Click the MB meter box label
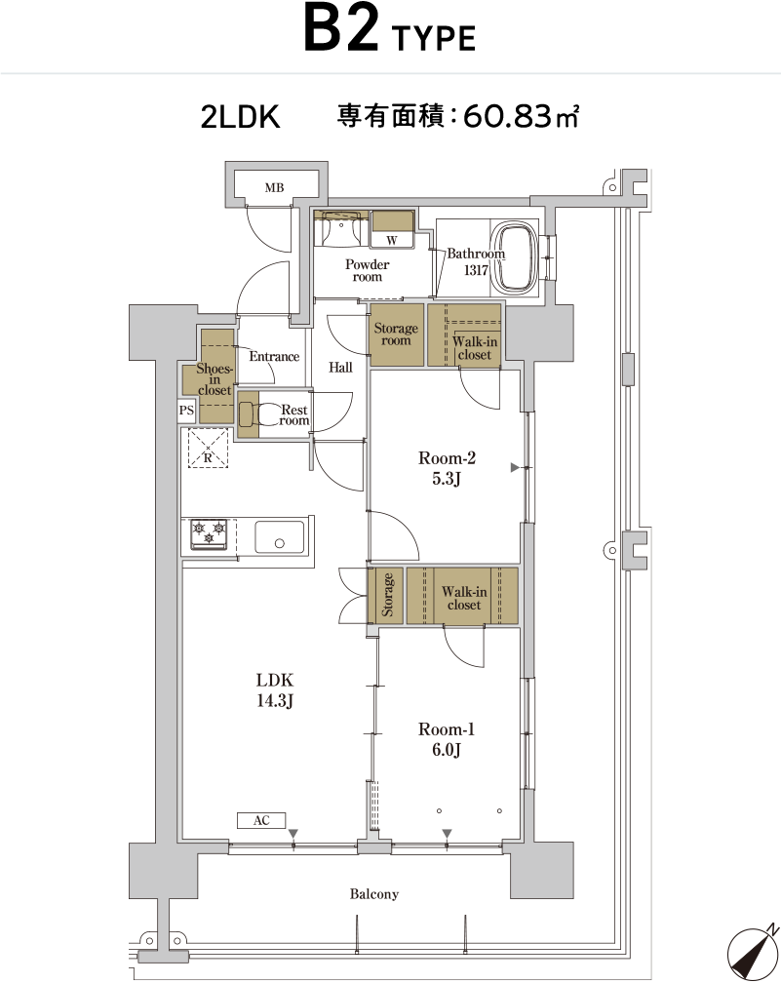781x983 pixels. coord(274,187)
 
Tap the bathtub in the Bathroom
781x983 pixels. coord(514,257)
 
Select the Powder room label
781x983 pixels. coord(367,270)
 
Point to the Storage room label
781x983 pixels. coord(396,334)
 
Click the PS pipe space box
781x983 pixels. coord(187,410)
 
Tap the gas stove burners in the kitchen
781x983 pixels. coord(209,534)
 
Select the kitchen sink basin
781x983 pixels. coord(280,536)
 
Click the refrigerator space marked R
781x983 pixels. coord(208,448)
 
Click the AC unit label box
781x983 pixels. coord(261,820)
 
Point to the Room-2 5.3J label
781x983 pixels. coord(447,468)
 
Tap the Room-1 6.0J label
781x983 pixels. coord(447,739)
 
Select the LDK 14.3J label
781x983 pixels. coord(275,689)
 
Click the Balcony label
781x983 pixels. coord(374,894)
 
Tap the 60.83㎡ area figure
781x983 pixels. coord(521,116)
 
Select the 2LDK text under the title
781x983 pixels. coord(240,117)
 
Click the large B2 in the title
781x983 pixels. coord(341,29)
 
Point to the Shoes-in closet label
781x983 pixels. coord(215,378)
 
